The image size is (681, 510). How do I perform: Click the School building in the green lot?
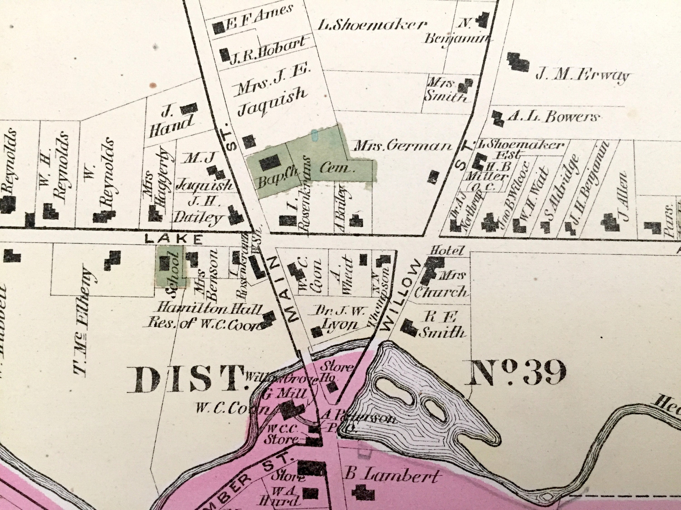pos(165,263)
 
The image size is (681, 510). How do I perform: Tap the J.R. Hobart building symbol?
pos(225,55)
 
